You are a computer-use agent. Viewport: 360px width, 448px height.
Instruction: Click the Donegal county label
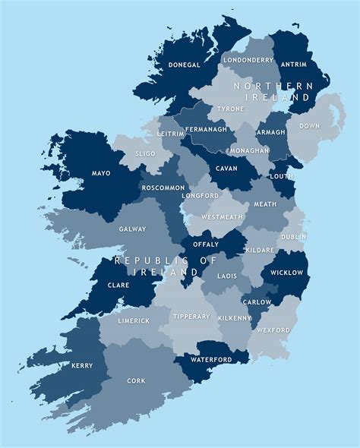click(184, 65)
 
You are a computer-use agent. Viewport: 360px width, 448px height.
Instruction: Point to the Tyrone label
click(231, 109)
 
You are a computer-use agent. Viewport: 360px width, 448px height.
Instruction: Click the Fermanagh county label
click(207, 129)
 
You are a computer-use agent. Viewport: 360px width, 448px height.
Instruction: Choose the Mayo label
click(101, 173)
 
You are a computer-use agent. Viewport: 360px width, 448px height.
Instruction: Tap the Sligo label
click(145, 153)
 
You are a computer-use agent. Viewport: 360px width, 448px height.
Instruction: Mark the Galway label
click(132, 229)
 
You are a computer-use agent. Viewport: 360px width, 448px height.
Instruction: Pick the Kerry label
click(82, 365)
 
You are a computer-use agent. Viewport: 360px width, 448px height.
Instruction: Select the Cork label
click(136, 380)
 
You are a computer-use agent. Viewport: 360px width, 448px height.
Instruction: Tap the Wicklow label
click(288, 273)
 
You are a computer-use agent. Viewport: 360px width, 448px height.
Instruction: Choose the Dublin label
click(293, 237)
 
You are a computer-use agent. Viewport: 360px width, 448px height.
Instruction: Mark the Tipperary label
click(185, 316)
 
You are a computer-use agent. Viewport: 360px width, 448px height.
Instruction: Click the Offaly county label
click(207, 245)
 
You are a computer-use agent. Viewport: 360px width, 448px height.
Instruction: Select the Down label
click(309, 126)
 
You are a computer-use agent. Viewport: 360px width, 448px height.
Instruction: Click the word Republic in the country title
click(144, 260)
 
